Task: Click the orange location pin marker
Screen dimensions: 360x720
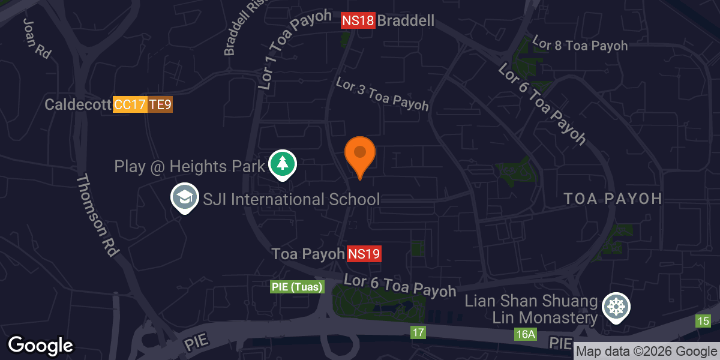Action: click(x=360, y=154)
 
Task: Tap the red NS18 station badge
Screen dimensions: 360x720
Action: click(x=358, y=21)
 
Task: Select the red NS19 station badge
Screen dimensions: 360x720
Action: click(x=364, y=254)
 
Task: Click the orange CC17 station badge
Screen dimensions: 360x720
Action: click(x=130, y=105)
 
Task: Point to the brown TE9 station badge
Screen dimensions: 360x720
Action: click(x=160, y=105)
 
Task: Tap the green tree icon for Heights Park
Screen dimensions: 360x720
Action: click(x=282, y=163)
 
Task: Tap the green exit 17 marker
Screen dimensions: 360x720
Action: click(x=418, y=332)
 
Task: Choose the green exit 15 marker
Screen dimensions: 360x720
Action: click(x=703, y=321)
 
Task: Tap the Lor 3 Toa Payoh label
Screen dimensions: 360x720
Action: click(x=382, y=94)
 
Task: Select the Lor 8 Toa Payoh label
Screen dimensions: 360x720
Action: click(x=580, y=46)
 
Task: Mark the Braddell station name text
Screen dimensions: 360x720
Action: click(x=406, y=21)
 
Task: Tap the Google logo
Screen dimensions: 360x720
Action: click(x=40, y=345)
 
